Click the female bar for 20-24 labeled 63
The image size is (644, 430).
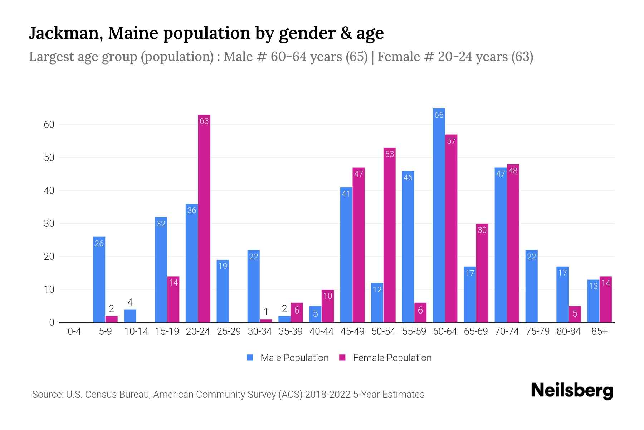click(204, 219)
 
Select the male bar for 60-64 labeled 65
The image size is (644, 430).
click(439, 215)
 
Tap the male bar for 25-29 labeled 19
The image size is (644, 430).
click(223, 291)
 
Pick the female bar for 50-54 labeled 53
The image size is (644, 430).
click(389, 235)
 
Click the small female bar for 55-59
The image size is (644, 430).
click(420, 312)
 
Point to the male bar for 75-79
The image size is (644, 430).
click(531, 286)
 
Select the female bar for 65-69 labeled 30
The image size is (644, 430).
click(482, 273)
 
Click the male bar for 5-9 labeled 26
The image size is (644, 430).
click(99, 279)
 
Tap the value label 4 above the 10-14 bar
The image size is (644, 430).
click(130, 302)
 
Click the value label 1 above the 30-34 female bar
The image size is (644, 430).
click(266, 312)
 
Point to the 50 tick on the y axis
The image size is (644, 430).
click(49, 158)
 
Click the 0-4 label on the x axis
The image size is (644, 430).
click(74, 331)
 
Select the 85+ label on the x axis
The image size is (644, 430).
click(599, 331)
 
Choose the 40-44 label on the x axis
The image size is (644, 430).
click(321, 331)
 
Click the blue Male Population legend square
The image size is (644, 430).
click(250, 358)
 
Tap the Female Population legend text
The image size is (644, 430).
click(392, 358)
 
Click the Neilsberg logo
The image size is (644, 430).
click(572, 391)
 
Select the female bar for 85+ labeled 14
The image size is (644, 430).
click(605, 300)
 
